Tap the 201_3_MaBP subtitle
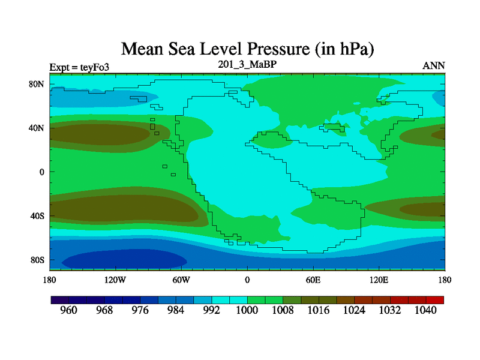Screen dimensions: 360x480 coord(247,64)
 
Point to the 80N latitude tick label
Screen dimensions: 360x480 coord(37,84)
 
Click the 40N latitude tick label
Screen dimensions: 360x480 coord(37,128)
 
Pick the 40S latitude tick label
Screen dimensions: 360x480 coord(37,216)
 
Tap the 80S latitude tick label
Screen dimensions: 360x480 coord(37,260)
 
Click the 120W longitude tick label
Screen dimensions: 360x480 coord(115,280)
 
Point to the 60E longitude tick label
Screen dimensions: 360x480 coord(313,280)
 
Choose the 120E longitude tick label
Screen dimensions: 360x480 coord(379,280)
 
